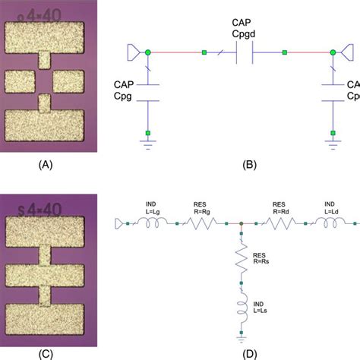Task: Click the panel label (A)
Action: pos(44,163)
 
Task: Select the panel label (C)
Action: pos(44,352)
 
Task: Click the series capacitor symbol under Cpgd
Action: pos(245,53)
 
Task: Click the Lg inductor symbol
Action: pos(153,223)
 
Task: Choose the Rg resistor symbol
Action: pos(204,223)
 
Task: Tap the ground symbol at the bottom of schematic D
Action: pos(241,336)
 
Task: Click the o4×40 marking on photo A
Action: pos(39,14)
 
